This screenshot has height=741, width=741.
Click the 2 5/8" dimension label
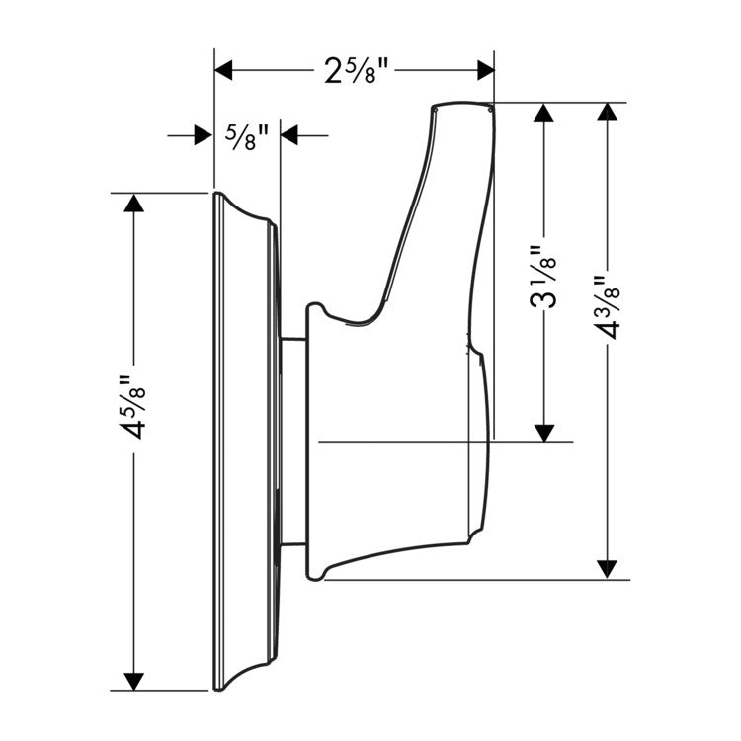pos(357,71)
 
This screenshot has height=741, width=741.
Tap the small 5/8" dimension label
pos(247,136)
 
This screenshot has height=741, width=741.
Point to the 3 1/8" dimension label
pos(542,277)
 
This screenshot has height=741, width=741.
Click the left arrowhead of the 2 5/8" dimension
pos(223,70)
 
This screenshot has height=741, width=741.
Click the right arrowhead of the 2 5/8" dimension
pos(486,70)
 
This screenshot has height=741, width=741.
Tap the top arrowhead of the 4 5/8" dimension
pos(133,203)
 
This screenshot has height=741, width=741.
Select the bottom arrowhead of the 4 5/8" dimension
pos(133,682)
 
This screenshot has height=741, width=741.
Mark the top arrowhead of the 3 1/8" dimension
pos(544,113)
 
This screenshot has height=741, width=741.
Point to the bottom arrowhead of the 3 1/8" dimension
pos(544,433)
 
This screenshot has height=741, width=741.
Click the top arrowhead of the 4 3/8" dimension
pos(608,112)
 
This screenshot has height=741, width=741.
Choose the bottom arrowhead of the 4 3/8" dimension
pos(608,569)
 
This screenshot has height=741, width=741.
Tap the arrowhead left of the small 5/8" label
pos(204,135)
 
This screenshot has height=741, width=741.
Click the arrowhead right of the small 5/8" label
pos(289,135)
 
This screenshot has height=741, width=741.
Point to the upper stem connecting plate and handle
pos(294,339)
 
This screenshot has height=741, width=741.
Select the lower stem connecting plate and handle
pos(294,544)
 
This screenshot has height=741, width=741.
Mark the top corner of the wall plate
pos(216,193)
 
